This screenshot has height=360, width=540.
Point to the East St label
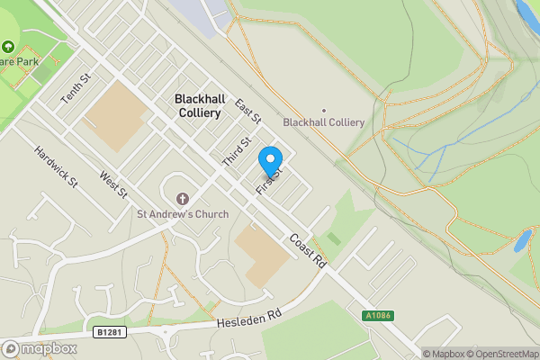247,112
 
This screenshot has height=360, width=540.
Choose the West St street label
114,187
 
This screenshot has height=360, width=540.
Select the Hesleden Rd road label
249,318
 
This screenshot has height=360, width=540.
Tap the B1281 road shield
106,332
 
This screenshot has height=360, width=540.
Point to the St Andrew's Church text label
183,214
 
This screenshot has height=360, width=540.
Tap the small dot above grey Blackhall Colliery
323,111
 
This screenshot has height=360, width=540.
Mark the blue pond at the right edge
522,241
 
